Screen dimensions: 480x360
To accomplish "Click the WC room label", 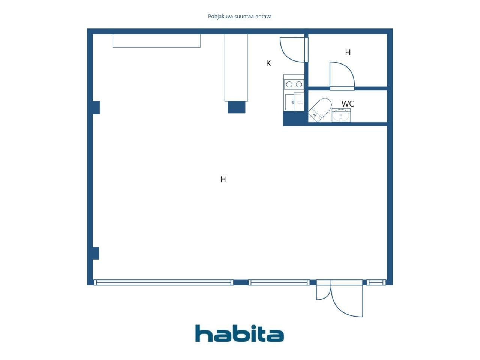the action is [348, 103].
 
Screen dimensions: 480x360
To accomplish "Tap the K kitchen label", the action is [268, 63].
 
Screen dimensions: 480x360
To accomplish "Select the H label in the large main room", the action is [223, 180].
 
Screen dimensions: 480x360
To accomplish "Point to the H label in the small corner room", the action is [348, 52].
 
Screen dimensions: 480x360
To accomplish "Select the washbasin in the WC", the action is [341, 115].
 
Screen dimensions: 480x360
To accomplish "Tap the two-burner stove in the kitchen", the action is [294, 84].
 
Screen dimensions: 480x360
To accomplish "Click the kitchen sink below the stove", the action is [294, 102].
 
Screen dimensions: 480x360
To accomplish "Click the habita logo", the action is [240, 333].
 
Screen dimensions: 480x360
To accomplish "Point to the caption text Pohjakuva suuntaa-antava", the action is [240, 16].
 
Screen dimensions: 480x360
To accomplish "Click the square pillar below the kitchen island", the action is [236, 107].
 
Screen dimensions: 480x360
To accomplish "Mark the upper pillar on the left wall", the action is [96, 108].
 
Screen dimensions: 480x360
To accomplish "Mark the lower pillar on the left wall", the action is [95, 253].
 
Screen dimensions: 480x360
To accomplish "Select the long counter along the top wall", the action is [156, 40].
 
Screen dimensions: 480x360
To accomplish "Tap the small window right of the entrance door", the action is [376, 283].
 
